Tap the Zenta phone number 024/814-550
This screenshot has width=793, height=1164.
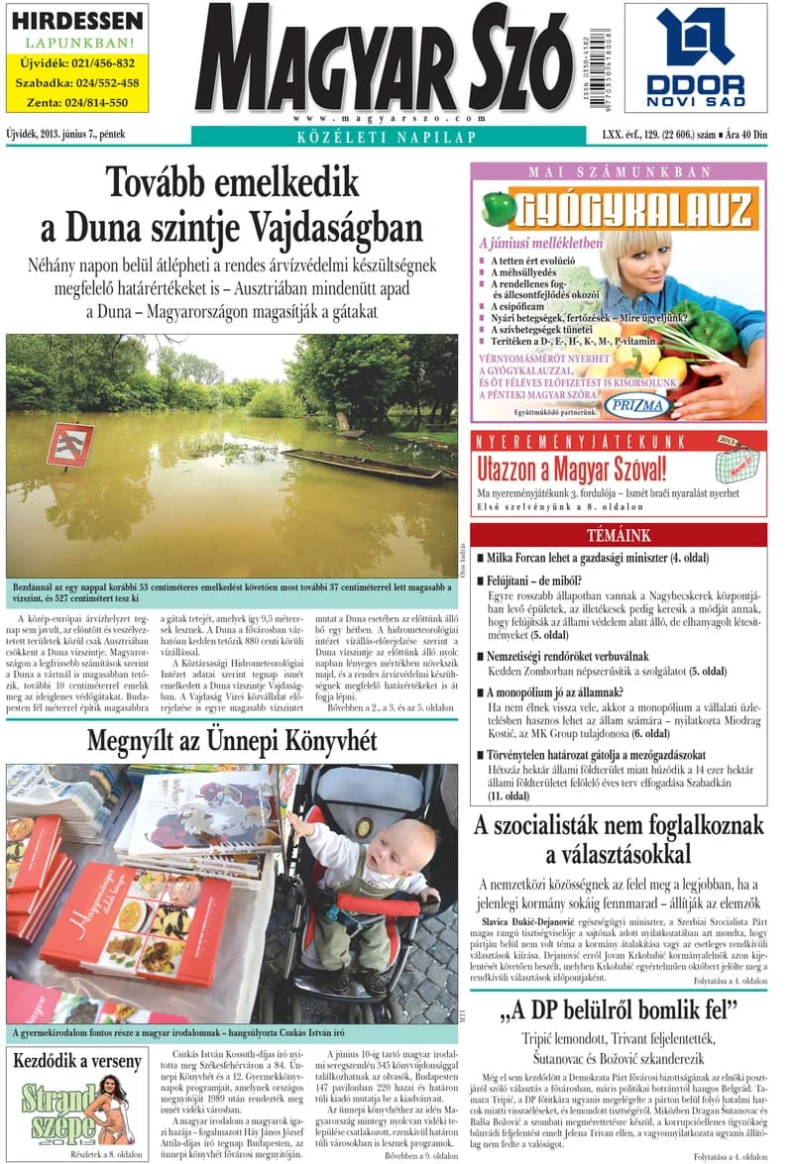[x=76, y=102]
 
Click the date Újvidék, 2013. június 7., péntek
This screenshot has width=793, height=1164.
[x=65, y=133]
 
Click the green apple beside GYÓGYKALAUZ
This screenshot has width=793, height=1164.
[x=498, y=207]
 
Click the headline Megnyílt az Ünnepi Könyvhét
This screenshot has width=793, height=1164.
[x=232, y=740]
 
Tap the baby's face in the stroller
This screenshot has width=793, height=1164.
[x=407, y=849]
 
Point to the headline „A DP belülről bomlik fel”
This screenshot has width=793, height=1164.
[x=620, y=1010]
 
